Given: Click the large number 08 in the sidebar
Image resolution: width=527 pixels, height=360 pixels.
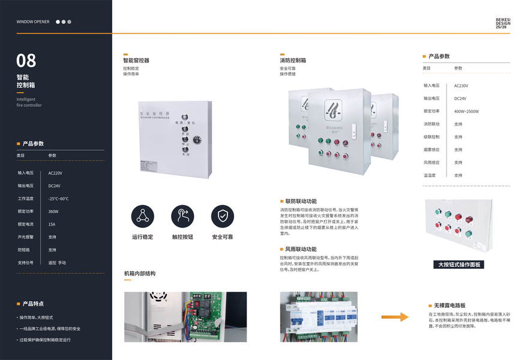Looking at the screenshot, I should coord(26,61).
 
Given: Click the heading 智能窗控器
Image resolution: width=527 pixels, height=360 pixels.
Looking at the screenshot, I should coord(136,61).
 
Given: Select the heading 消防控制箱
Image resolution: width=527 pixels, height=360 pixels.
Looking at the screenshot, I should coord(293,61).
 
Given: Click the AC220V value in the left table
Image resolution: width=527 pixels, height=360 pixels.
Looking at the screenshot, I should coord(55,173).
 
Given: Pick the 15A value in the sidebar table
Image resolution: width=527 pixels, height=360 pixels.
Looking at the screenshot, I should coord(52,224).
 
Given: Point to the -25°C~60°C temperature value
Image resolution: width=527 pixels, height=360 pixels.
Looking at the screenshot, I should coord(59,199).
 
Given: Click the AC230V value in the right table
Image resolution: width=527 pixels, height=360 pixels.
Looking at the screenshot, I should coord(461,86).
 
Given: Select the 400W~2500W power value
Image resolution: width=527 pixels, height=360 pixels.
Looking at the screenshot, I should coord(466,112).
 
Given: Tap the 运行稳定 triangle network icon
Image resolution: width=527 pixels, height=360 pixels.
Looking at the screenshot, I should coord(143,216).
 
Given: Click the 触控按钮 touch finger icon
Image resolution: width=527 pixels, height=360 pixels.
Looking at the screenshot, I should coord(182,216).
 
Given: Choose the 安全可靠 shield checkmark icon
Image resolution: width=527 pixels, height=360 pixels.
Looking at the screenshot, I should coord(222,216).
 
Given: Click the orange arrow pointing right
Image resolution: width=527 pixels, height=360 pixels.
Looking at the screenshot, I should coord(396,317).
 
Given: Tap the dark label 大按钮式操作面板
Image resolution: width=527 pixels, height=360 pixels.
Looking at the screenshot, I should coord(459,265).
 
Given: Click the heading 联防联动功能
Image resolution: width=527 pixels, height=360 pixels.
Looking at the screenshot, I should coord(301,201).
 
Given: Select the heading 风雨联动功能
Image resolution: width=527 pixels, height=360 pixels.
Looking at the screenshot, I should coord(301,249).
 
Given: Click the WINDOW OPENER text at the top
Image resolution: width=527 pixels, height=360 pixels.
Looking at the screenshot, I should coord(33,22).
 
